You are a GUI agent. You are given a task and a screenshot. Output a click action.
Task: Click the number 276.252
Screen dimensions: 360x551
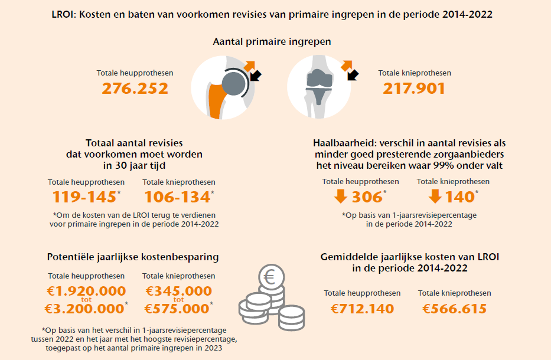[135, 89]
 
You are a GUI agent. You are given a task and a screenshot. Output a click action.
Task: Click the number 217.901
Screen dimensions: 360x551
[414, 89]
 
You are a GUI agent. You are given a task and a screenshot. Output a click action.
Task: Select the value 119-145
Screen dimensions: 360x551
[84, 197]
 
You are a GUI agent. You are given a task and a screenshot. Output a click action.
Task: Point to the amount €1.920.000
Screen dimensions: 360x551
[86, 291]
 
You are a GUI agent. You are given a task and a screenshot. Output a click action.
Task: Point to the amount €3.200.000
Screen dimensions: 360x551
[84, 309]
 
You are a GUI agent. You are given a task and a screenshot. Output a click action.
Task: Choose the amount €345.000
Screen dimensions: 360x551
[178, 291]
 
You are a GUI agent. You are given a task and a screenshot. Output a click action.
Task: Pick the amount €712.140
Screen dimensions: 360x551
[362, 309]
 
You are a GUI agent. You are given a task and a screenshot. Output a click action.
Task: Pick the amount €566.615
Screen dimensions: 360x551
[455, 309]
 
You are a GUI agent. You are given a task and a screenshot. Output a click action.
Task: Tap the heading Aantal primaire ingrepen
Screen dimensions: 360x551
[272, 42]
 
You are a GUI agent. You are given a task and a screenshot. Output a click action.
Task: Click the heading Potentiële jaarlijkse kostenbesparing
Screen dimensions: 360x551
[133, 257]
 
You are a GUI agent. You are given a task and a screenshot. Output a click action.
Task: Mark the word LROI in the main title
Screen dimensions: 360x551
[64, 14]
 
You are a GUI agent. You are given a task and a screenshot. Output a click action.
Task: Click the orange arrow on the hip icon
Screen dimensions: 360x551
[249, 65]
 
